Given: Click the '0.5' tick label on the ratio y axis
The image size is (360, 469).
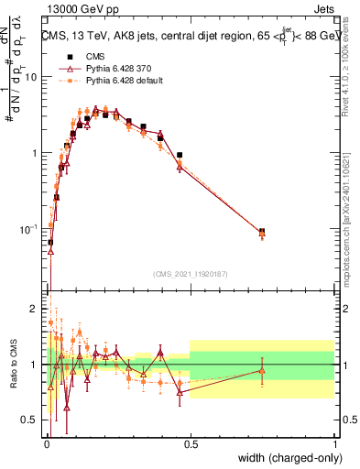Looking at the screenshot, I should tap(29, 420).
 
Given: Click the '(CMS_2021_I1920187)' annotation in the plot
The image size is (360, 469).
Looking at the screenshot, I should tap(191, 272).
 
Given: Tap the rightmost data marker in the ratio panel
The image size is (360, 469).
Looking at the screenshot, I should tap(262, 371).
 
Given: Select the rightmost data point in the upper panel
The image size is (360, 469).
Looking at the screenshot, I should tap(262, 233).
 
